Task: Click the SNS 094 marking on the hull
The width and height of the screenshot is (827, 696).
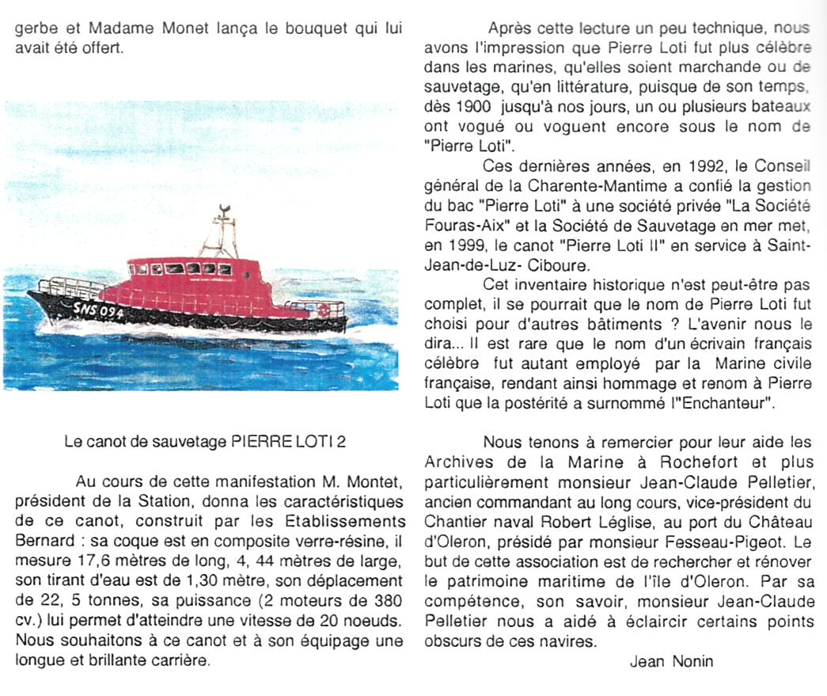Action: (98, 311)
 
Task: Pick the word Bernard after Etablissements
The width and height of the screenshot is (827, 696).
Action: (42, 542)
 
